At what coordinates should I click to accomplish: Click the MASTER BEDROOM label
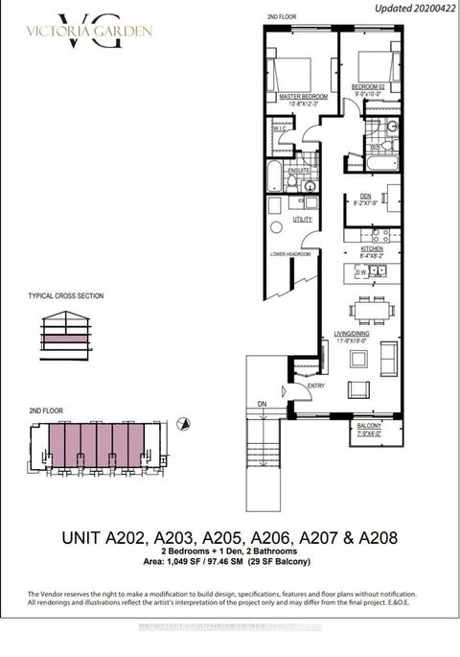[303, 97]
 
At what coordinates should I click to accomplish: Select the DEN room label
[363, 197]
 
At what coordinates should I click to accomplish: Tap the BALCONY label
[370, 426]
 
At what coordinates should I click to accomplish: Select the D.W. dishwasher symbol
[361, 271]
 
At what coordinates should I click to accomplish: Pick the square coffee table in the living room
[358, 359]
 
